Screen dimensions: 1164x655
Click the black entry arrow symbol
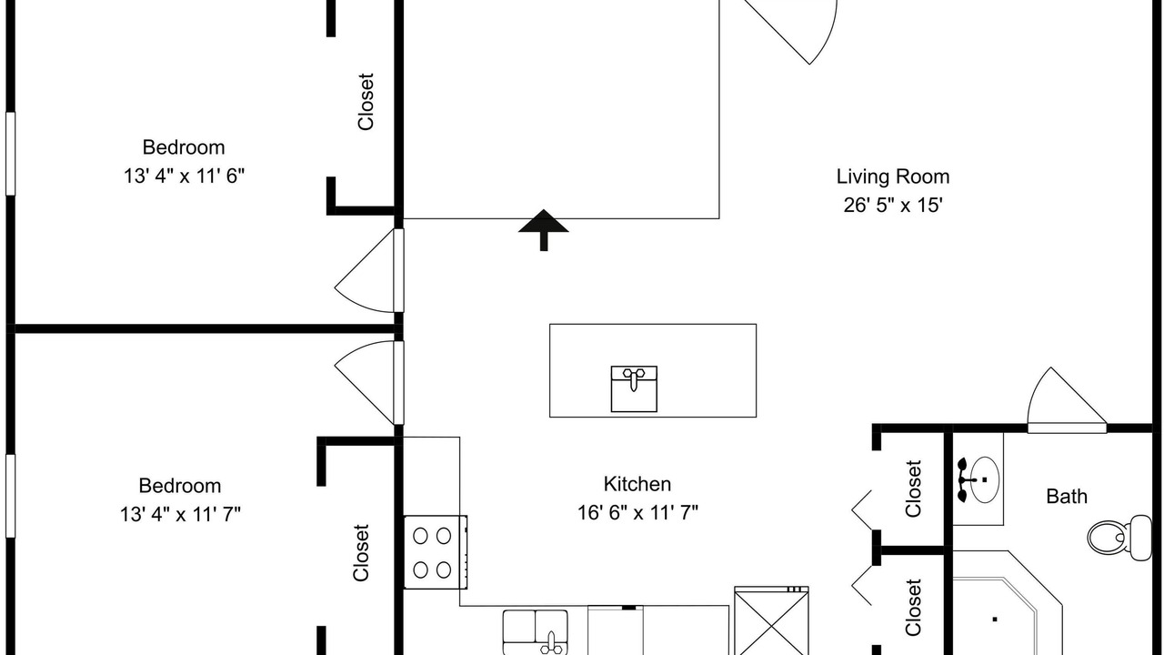pyautogui.click(x=544, y=230)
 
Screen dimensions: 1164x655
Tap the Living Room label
pyautogui.click(x=893, y=176)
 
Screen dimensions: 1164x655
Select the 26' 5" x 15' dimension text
pyautogui.click(x=893, y=206)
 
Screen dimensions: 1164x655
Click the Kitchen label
pyautogui.click(x=637, y=484)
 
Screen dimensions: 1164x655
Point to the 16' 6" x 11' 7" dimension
pyautogui.click(x=637, y=513)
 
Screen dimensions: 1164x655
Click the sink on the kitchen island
pyautogui.click(x=634, y=388)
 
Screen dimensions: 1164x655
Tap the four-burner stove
pyautogui.click(x=436, y=552)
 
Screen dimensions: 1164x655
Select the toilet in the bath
pyautogui.click(x=1119, y=538)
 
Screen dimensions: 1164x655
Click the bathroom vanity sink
pyautogui.click(x=978, y=479)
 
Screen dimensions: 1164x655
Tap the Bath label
pyautogui.click(x=1067, y=497)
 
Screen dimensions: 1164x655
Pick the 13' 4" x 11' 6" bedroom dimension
pyautogui.click(x=184, y=176)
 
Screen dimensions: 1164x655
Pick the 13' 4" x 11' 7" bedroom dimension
pyautogui.click(x=180, y=515)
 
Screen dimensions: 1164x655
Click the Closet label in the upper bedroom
pyautogui.click(x=366, y=102)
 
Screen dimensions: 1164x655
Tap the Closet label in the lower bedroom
pyautogui.click(x=361, y=552)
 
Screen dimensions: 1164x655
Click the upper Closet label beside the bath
pyautogui.click(x=913, y=489)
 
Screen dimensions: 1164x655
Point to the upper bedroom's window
pyautogui.click(x=10, y=154)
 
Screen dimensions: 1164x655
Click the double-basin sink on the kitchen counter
pyautogui.click(x=536, y=632)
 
